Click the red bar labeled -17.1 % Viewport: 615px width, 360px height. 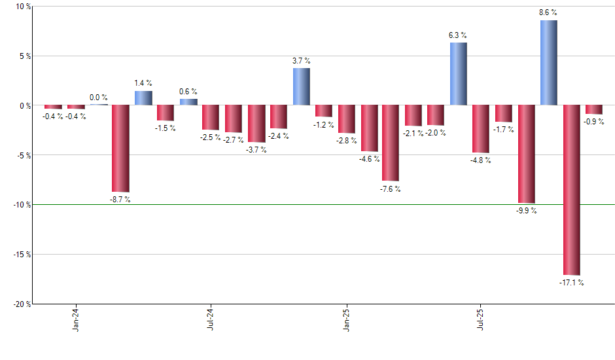pyautogui.click(x=571, y=190)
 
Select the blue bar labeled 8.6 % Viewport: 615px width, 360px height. pyautogui.click(x=549, y=63)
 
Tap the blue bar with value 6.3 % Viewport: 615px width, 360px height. pyautogui.click(x=459, y=74)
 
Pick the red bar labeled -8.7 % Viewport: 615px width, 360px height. pyautogui.click(x=120, y=148)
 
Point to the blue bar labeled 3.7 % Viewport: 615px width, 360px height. pyautogui.click(x=301, y=86)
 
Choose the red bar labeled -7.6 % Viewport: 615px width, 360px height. pyautogui.click(x=391, y=143)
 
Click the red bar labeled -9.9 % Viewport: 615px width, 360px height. pyautogui.click(x=527, y=154)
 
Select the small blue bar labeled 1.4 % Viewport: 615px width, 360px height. pyautogui.click(x=143, y=98)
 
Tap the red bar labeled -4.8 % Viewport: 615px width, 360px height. pyautogui.click(x=481, y=129)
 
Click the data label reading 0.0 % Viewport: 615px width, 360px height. pyautogui.click(x=99, y=98)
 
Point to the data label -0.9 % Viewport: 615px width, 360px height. pyautogui.click(x=594, y=122)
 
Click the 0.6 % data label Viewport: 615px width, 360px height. pyautogui.click(x=188, y=92)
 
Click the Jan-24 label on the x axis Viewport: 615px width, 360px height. pyautogui.click(x=76, y=319)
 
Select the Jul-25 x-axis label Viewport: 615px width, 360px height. pyautogui.click(x=480, y=319)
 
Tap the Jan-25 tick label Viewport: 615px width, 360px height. pyautogui.click(x=345, y=319)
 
